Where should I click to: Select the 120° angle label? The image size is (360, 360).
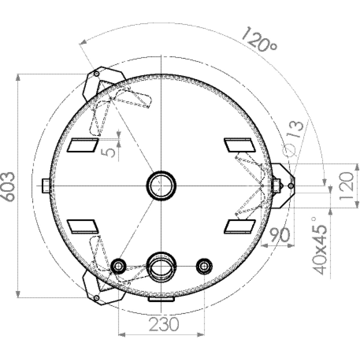click(259, 39)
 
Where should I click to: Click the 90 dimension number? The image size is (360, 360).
click(279, 235)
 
